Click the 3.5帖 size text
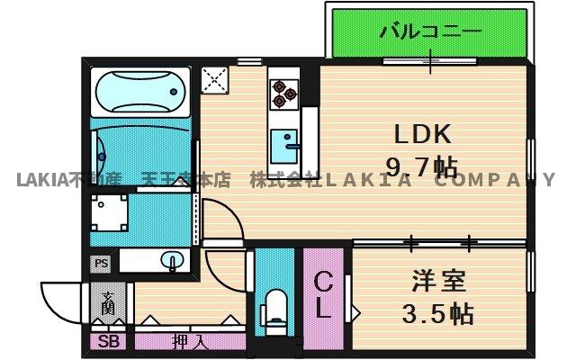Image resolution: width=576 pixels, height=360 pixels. (x=438, y=314)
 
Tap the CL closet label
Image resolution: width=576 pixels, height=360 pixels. (x=323, y=296)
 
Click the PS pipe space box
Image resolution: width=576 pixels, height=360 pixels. (x=101, y=263)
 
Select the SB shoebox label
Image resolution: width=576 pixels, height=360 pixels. (x=109, y=342)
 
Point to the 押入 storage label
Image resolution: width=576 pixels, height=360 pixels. (x=189, y=342)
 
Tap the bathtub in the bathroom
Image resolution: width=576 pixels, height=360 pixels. (x=139, y=91)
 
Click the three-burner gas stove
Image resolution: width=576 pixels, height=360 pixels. (x=283, y=90)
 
